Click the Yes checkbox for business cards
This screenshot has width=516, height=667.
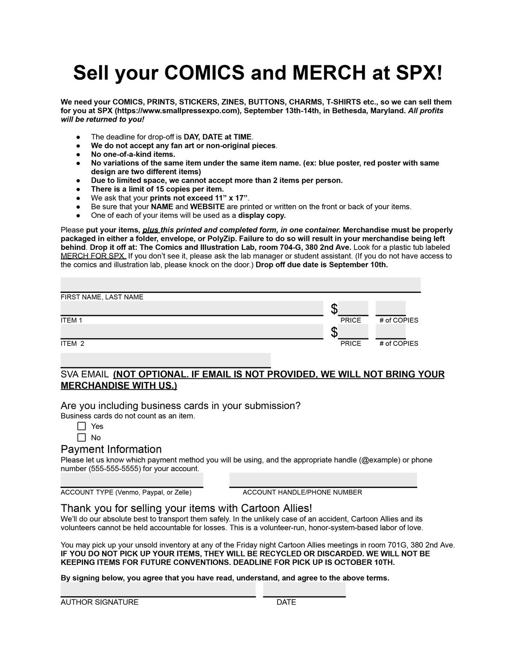pyautogui.click(x=82, y=426)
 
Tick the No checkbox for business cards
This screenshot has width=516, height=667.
pyautogui.click(x=82, y=437)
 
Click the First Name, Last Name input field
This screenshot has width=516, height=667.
pyautogui.click(x=240, y=284)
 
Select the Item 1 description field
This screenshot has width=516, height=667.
pyautogui.click(x=192, y=308)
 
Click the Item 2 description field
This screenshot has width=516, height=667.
pyautogui.click(x=192, y=331)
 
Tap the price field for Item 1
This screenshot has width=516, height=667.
pyautogui.click(x=353, y=308)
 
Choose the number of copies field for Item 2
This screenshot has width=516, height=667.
pyautogui.click(x=390, y=331)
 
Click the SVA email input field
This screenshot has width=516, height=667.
pyautogui.click(x=165, y=360)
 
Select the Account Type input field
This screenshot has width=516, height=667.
pyautogui.click(x=132, y=480)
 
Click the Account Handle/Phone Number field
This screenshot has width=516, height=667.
pyautogui.click(x=323, y=480)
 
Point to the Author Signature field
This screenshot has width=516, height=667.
pyautogui.click(x=158, y=589)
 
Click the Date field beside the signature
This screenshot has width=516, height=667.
pyautogui.click(x=304, y=589)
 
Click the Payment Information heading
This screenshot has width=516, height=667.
pyautogui.click(x=111, y=449)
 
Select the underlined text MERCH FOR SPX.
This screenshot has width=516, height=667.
pyautogui.click(x=93, y=256)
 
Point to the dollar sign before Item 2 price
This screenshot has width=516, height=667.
pyautogui.click(x=334, y=332)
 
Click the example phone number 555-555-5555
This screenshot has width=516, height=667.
pyautogui.click(x=115, y=468)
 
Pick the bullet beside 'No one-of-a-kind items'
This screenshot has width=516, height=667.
pyautogui.click(x=78, y=155)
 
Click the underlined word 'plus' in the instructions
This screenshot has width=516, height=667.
pyautogui.click(x=150, y=230)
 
